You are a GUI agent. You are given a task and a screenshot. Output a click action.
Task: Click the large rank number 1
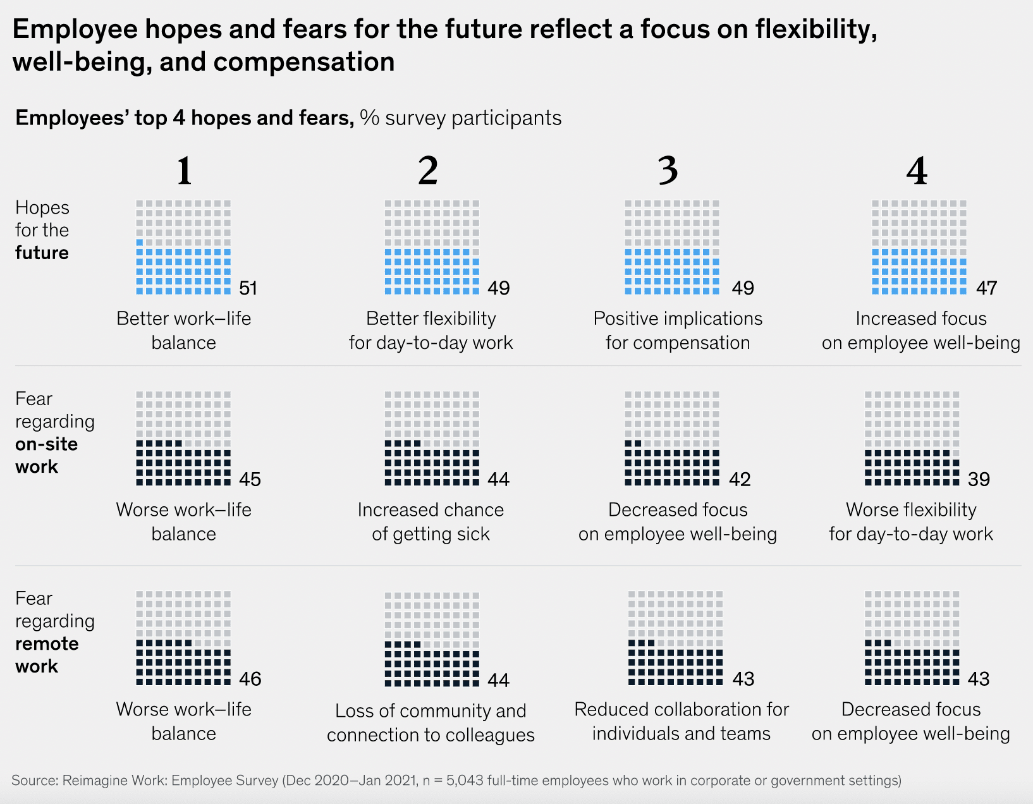(184, 171)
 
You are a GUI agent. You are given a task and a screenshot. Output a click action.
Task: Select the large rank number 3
(668, 171)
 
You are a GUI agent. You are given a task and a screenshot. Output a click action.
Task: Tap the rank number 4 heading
(917, 171)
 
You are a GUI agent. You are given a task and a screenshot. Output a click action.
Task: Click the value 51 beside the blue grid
(248, 288)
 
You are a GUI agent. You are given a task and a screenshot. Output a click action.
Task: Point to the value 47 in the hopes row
(986, 288)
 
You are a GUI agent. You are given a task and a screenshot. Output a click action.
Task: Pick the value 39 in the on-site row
(979, 480)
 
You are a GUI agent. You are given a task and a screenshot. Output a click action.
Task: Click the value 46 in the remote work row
(250, 679)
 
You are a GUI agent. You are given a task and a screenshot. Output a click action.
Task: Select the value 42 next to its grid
(740, 480)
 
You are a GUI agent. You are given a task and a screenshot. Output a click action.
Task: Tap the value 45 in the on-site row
(250, 480)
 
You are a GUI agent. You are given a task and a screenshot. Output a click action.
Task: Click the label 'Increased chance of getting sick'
(431, 521)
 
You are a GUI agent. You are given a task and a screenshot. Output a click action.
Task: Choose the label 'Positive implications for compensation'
(678, 330)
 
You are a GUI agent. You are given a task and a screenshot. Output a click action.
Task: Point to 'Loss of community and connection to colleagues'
(431, 722)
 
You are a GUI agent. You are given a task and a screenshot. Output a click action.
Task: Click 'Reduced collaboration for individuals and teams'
(682, 721)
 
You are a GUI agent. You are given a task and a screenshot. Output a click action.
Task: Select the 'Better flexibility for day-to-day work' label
(431, 330)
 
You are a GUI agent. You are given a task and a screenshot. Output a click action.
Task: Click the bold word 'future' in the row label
(42, 253)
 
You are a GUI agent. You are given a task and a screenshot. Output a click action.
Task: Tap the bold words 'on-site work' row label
(46, 455)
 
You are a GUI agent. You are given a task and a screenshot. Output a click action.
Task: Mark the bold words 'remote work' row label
(47, 655)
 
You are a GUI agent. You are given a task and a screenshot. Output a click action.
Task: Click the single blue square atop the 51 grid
(140, 243)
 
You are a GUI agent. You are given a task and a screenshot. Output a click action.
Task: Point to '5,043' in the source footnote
(465, 781)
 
